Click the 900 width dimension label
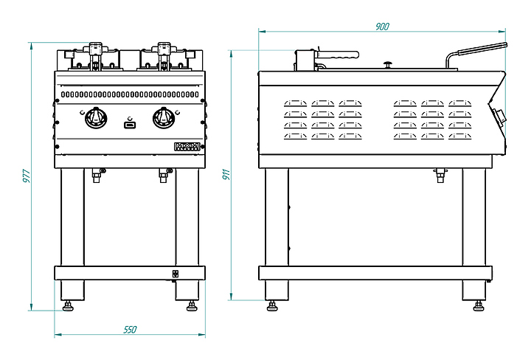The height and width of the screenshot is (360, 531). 382,27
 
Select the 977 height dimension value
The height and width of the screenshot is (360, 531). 26,176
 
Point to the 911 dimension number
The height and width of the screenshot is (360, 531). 226,176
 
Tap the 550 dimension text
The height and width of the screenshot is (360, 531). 130,329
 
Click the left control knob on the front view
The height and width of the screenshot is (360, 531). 95,117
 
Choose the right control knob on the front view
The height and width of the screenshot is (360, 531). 163,117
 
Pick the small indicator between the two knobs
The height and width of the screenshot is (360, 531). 130,125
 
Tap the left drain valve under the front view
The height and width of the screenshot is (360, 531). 96,175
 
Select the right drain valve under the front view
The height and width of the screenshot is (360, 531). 164,175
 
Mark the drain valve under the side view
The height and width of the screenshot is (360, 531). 441,175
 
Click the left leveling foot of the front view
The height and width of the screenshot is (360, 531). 69,305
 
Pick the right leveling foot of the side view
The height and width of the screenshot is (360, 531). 477,305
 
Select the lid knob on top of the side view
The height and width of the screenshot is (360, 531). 387,63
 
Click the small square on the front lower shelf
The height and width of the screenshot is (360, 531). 176,274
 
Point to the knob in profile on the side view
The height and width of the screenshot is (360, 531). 502,117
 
